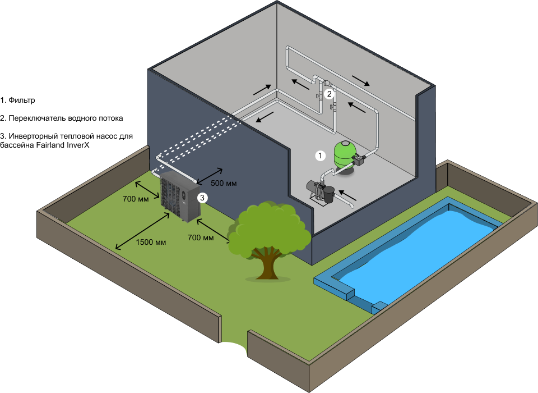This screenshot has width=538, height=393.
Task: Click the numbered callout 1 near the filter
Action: point(320,156)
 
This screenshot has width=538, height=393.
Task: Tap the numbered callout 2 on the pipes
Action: point(330,94)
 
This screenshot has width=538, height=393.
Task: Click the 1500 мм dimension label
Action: point(151,243)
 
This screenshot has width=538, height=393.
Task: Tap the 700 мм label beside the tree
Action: point(201,238)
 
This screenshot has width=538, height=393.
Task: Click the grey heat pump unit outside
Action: point(180,196)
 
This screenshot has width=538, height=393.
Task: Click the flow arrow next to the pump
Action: point(348,196)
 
